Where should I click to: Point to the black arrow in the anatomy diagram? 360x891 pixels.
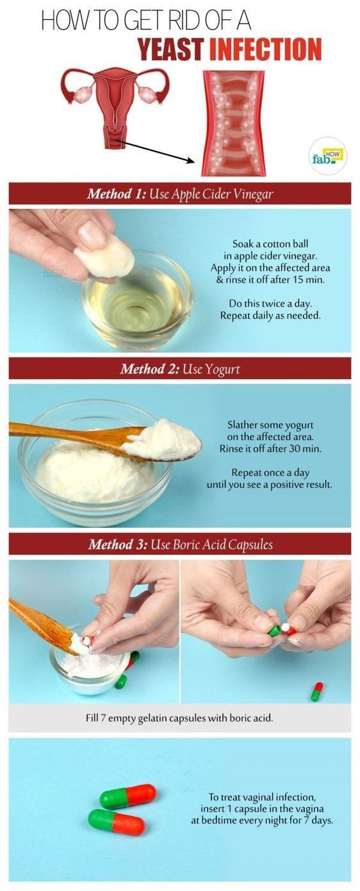(x=156, y=151)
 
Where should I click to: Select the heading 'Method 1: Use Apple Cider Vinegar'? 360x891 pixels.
(x=180, y=193)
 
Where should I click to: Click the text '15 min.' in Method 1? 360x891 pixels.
(x=309, y=280)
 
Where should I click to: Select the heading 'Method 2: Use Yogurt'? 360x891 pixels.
(x=180, y=369)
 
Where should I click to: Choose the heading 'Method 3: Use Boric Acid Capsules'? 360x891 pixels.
(x=180, y=544)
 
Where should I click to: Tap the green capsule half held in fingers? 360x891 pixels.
(x=274, y=631)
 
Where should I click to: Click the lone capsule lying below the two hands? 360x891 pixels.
(x=316, y=691)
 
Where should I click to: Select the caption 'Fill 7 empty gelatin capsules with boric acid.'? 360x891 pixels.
(x=179, y=718)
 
